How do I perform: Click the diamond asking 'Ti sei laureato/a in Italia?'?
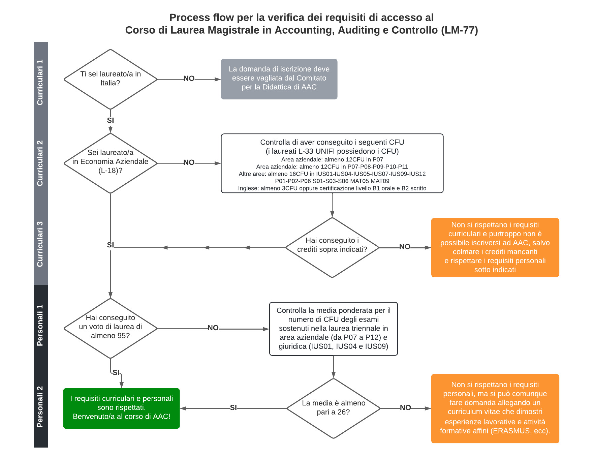111,79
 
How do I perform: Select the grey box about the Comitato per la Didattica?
279,79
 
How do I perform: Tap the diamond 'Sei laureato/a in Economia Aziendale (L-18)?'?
111,163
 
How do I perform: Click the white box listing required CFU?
332,163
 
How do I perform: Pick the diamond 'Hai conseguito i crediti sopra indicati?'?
332,247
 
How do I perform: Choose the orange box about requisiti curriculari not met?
495,247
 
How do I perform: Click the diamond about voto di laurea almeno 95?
111,328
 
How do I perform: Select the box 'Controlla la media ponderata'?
334,329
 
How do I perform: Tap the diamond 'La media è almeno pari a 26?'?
334,408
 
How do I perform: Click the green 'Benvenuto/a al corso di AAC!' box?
122,408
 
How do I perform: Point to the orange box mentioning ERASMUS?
495,408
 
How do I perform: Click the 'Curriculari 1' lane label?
40,82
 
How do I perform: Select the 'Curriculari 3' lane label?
40,244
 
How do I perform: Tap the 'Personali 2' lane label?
40,407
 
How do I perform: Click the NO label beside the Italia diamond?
189,79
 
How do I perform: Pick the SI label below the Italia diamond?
111,120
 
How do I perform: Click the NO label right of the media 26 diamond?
405,408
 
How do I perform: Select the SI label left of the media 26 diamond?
233,408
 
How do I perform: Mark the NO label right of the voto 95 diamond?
213,328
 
